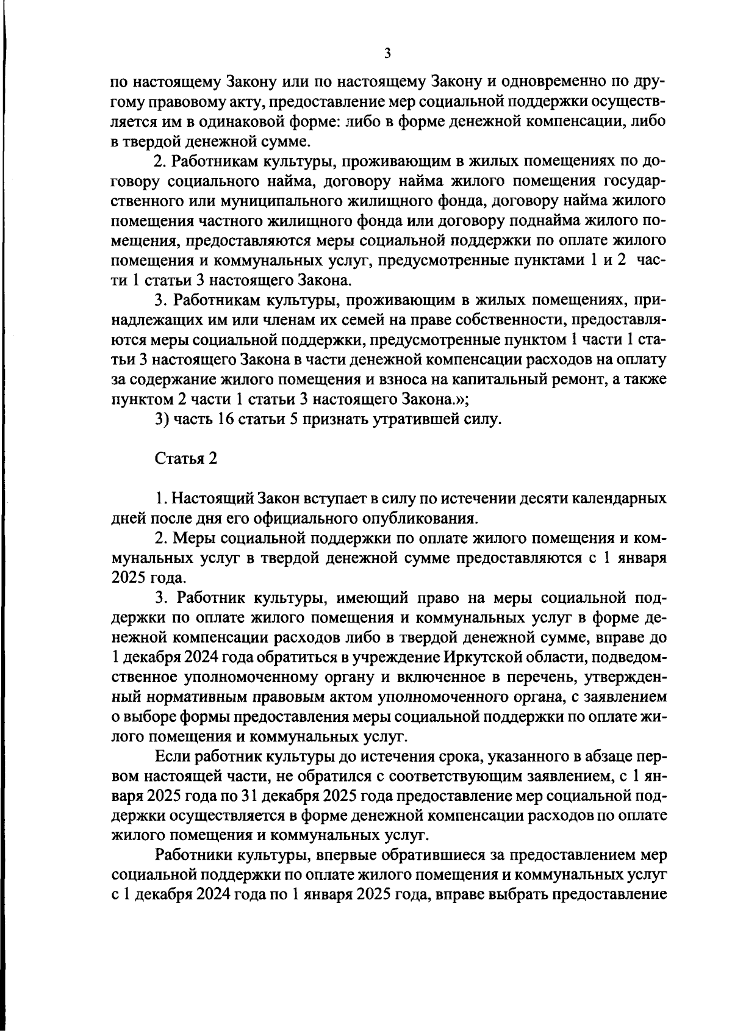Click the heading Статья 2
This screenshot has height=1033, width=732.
(x=185, y=459)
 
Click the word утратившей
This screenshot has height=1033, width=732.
(x=419, y=419)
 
